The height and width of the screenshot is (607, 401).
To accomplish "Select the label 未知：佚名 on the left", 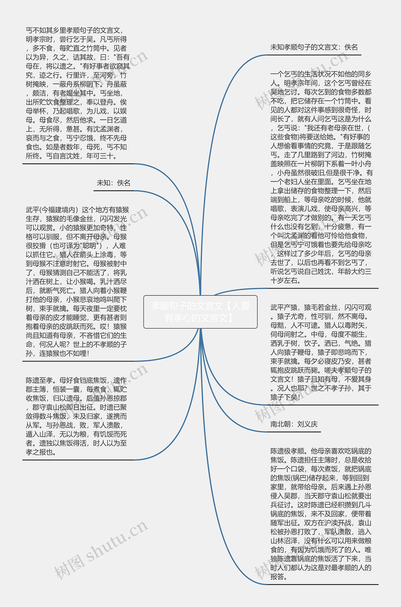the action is coord(113,183).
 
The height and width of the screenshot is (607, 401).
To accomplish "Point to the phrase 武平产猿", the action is coord(284,307).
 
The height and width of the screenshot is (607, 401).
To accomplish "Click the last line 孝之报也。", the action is coord(41,452).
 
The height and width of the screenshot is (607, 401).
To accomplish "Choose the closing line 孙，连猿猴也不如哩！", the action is coord(57,353).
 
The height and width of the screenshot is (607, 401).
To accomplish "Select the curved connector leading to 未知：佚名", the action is coord(179,217).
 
